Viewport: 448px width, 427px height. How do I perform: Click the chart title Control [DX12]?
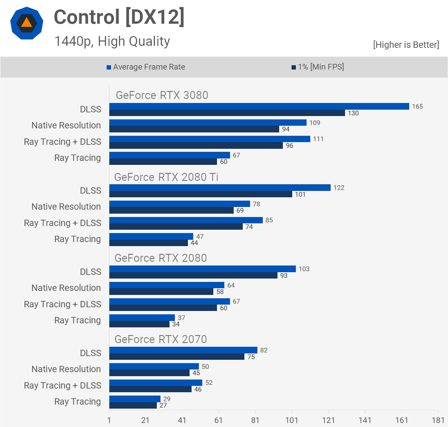point(119,17)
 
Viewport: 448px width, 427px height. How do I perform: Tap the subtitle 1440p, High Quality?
point(112,41)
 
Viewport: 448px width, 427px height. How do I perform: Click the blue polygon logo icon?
point(27,23)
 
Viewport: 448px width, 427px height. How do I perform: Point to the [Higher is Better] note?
point(406,45)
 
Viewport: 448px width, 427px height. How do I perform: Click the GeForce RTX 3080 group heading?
point(162,95)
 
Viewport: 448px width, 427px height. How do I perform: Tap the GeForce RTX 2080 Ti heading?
point(166,177)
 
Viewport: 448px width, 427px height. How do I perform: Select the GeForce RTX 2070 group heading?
point(160,339)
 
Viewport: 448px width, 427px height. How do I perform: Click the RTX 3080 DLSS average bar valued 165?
point(259,106)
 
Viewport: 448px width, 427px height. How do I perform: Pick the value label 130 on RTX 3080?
point(353,113)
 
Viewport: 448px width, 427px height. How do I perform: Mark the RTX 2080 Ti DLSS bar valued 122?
point(220,188)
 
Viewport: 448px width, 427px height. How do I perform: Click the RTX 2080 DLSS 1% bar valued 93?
point(193,276)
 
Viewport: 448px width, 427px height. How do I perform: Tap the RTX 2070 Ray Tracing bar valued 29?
point(135,399)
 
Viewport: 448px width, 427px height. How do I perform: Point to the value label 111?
point(318,139)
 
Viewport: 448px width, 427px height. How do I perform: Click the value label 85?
point(269,220)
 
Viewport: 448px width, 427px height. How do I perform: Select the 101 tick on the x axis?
point(292,420)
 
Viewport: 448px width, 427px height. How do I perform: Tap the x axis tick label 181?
point(438,420)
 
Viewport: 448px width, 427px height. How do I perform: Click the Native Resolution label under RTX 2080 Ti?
point(66,207)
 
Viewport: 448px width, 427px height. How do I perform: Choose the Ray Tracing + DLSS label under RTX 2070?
point(63,386)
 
